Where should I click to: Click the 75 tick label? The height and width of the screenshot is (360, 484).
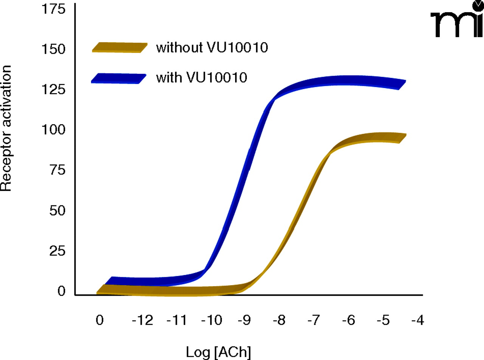57,171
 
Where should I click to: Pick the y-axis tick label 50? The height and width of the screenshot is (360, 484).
57,211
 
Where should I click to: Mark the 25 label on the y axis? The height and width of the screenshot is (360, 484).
57,251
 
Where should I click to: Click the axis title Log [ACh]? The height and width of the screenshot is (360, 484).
218,352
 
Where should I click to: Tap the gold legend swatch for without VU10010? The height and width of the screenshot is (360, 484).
119,47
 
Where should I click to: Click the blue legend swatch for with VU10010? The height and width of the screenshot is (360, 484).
119,78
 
